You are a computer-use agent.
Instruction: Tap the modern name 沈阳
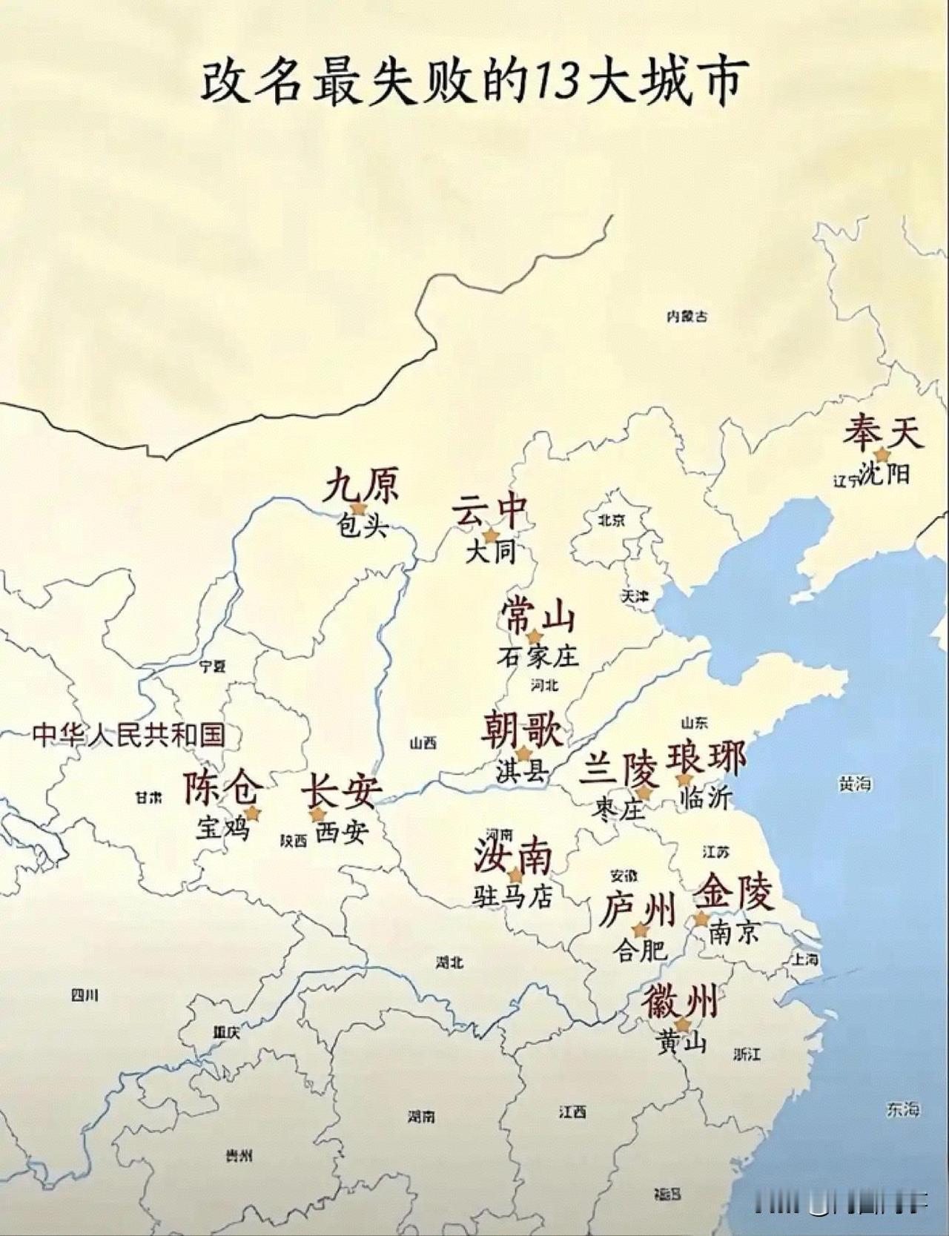(886, 473)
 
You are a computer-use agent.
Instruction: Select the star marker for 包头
(359, 508)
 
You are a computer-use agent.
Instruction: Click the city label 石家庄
(538, 656)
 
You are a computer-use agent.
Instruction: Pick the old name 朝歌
(522, 730)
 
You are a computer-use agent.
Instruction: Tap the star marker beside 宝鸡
(252, 813)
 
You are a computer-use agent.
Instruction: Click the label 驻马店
(513, 897)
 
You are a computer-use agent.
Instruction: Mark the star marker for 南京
(701, 919)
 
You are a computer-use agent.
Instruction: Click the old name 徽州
(680, 1002)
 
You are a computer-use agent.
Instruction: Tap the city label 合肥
(641, 950)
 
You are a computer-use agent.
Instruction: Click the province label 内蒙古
(687, 317)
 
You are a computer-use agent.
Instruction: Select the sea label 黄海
(854, 784)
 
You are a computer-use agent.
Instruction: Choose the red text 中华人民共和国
(128, 735)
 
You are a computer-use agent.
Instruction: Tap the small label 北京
(612, 520)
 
